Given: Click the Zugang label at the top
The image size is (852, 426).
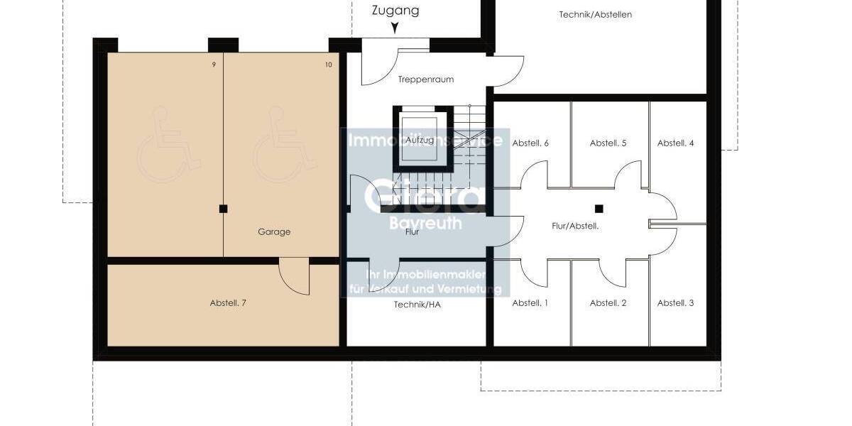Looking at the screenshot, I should pyautogui.click(x=395, y=11).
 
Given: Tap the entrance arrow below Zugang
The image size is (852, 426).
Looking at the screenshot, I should pyautogui.click(x=395, y=28).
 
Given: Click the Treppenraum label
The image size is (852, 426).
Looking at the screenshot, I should pyautogui.click(x=426, y=80).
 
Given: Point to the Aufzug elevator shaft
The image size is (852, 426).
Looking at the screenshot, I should pyautogui.click(x=421, y=140).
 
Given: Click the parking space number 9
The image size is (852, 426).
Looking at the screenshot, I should pyautogui.click(x=214, y=65).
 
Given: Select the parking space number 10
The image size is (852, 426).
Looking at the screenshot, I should pyautogui.click(x=328, y=65).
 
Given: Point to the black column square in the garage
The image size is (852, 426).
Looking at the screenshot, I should pyautogui.click(x=224, y=209).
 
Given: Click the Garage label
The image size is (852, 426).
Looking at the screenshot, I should pyautogui.click(x=274, y=232).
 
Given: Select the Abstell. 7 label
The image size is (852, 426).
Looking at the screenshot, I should pyautogui.click(x=228, y=303).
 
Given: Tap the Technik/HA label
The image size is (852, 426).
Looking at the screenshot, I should pyautogui.click(x=416, y=304).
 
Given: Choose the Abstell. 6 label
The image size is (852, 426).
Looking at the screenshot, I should pyautogui.click(x=530, y=143).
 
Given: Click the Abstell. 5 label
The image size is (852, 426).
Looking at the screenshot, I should pyautogui.click(x=608, y=143).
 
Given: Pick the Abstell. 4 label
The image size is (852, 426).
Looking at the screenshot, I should pyautogui.click(x=675, y=143).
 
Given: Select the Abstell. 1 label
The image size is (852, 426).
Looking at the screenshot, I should pyautogui.click(x=530, y=303).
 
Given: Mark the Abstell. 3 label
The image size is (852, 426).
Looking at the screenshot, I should pyautogui.click(x=675, y=303).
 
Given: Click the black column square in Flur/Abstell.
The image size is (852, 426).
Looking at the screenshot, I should pyautogui.click(x=599, y=209).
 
